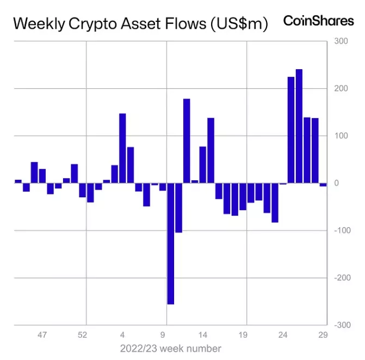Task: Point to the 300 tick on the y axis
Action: tap(341, 41)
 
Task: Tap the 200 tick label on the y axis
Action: tap(341, 89)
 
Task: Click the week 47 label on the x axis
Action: tap(42, 335)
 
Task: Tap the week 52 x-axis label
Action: tap(83, 335)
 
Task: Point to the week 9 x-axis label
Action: tap(163, 335)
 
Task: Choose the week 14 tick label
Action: tap(203, 335)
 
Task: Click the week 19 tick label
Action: tap(243, 335)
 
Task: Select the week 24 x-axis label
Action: tap(283, 335)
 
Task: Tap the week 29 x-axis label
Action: tap(323, 335)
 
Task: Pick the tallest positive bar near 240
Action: tap(299, 126)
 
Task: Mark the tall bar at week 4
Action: tap(122, 148)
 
